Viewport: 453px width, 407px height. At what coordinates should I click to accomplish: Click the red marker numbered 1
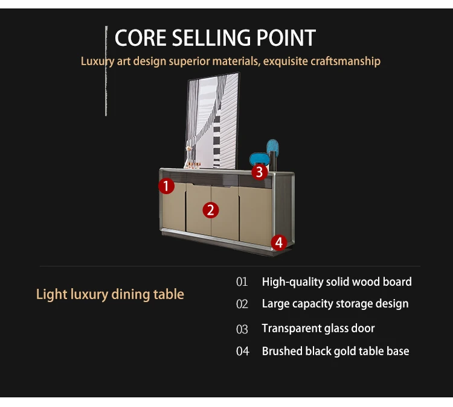click(x=167, y=186)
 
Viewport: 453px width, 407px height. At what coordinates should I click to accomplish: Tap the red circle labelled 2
click(x=210, y=210)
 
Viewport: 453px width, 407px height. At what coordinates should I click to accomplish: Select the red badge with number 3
click(x=259, y=171)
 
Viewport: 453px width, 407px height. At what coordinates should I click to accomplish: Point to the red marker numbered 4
click(x=278, y=242)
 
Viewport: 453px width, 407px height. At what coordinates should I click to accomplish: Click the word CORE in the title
click(x=140, y=38)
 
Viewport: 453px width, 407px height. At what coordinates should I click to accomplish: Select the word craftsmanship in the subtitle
click(x=342, y=61)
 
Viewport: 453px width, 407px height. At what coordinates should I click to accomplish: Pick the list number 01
click(x=242, y=282)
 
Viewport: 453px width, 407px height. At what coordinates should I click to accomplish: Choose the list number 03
click(x=242, y=329)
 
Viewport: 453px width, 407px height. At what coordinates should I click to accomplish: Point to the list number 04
click(x=242, y=352)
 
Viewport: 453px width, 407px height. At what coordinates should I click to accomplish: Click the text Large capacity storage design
click(x=335, y=304)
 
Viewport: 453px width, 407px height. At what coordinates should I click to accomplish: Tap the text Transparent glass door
click(x=318, y=329)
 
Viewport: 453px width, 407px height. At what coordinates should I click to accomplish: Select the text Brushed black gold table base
click(x=335, y=351)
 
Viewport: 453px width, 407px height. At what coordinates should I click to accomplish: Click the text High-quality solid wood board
click(x=336, y=282)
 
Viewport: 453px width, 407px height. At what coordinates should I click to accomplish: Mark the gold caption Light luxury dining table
click(x=110, y=294)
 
